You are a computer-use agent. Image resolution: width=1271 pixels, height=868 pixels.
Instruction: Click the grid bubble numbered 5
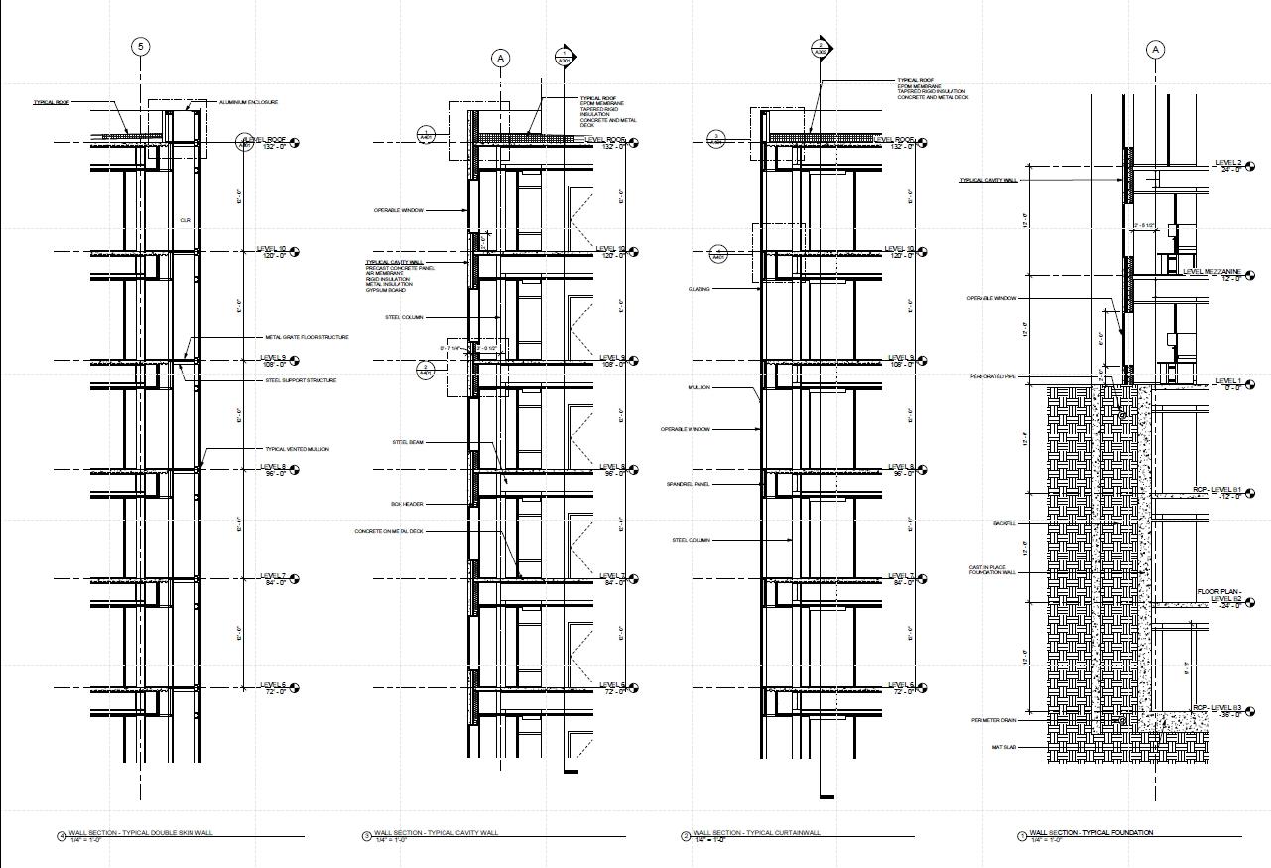click(x=141, y=47)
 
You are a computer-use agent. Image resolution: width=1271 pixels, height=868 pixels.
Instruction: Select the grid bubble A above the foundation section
click(x=1155, y=50)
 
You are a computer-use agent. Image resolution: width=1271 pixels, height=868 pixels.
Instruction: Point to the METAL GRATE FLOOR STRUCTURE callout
click(x=307, y=337)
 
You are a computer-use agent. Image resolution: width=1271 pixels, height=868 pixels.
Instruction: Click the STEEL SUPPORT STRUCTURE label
click(x=301, y=380)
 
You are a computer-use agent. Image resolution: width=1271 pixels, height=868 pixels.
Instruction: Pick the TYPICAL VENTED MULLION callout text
click(x=297, y=449)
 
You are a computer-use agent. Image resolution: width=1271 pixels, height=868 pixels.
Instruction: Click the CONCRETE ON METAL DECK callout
click(x=389, y=531)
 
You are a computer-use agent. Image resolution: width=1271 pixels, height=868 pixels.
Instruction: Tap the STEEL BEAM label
click(x=408, y=442)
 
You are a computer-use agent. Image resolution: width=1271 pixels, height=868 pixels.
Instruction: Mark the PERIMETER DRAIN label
click(x=994, y=721)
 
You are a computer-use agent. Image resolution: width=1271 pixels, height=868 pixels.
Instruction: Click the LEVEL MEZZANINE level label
click(x=1212, y=271)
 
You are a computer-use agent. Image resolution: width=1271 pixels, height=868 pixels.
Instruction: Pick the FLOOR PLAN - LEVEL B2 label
click(x=1218, y=596)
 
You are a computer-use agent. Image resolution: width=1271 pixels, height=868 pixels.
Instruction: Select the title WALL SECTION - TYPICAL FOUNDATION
click(x=1091, y=833)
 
